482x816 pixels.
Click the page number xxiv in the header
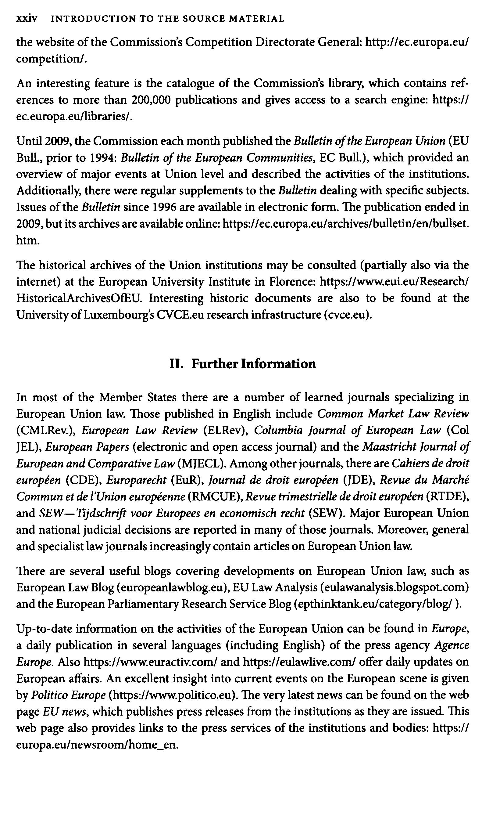[x=27, y=19]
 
